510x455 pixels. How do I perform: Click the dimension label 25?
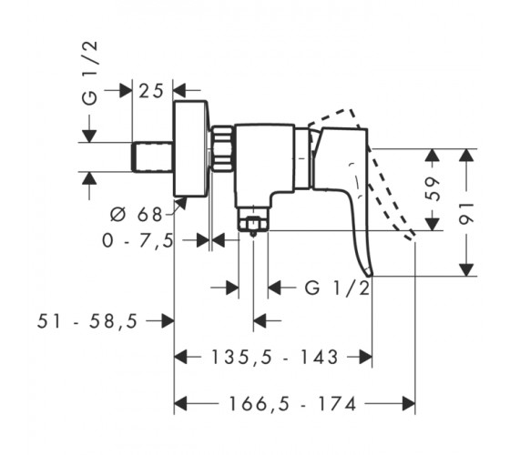150,91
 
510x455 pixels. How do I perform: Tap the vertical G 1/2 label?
90,73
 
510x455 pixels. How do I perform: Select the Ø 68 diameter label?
136,215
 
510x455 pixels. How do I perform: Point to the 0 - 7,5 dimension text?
138,241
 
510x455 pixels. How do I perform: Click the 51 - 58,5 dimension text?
87,321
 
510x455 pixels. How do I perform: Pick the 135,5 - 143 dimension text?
274,357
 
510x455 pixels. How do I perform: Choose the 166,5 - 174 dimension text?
292,404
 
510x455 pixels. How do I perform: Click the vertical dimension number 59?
433,189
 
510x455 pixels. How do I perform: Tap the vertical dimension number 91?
466,214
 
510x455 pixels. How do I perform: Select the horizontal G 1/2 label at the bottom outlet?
338,288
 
